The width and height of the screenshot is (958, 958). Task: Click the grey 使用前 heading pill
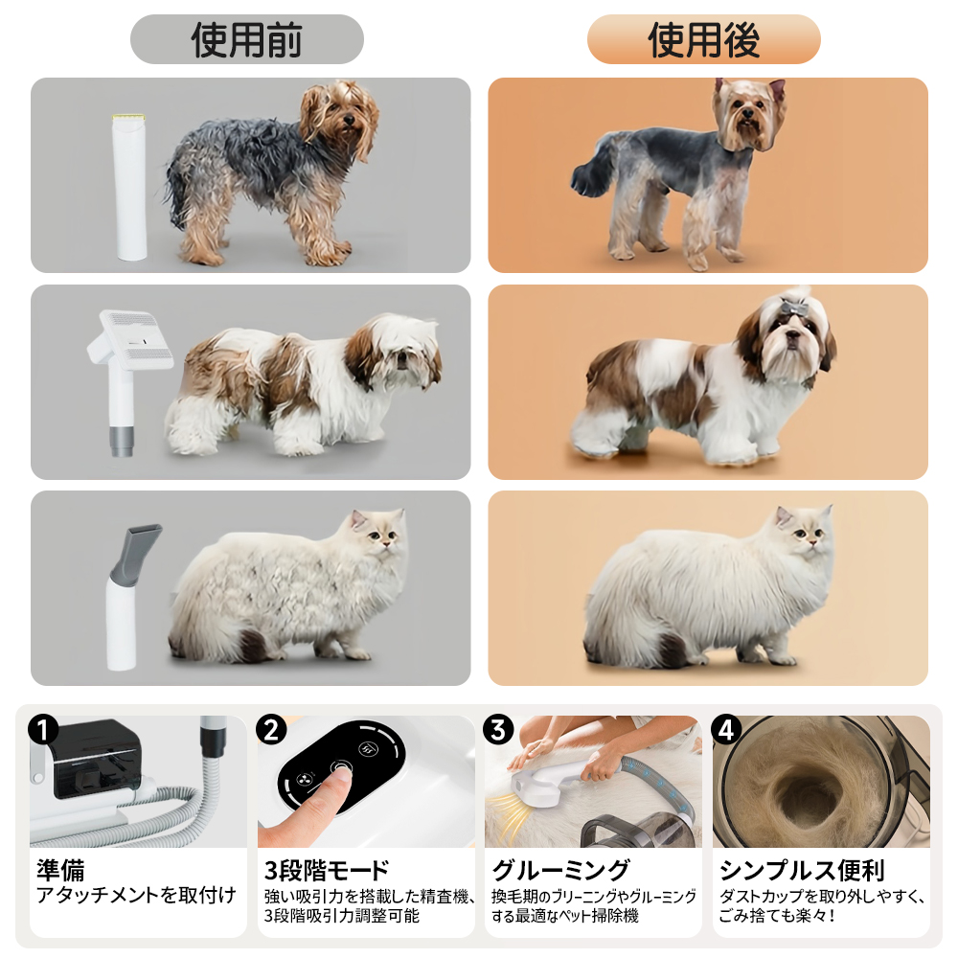pos(247,39)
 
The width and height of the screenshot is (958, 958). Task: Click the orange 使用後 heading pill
pos(703,39)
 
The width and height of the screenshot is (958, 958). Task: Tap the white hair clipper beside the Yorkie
pos(130,187)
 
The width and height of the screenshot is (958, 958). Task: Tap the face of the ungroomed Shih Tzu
pos(402,354)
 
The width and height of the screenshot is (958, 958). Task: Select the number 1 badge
pos(43,731)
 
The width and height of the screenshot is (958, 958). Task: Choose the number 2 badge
pos(271,730)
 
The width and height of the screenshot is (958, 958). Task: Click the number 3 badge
pos(498,730)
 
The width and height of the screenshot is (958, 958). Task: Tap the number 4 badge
pos(726,730)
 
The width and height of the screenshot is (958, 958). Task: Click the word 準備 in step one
pos(60,870)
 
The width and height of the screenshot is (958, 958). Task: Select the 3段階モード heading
pos(327,871)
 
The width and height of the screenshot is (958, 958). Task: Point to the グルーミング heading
pos(560,870)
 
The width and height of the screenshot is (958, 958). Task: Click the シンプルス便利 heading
pos(802,870)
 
